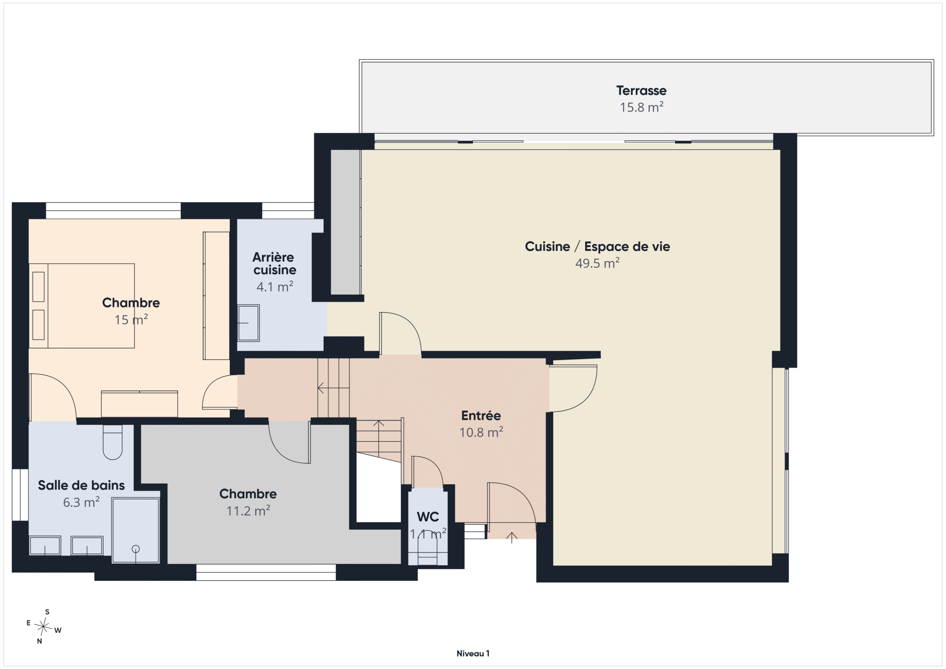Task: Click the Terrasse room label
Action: coord(641,90)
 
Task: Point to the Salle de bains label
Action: coord(81,485)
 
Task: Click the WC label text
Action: coord(428,516)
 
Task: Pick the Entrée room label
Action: coord(481,415)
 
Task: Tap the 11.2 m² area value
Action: coord(248,511)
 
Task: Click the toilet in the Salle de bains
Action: coord(112,442)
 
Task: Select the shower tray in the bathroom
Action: coord(136,530)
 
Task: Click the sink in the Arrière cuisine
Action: coord(248,323)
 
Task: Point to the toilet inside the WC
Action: coord(427,550)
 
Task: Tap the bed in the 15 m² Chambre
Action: coord(82,306)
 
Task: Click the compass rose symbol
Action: coord(43,627)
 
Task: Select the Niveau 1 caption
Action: coord(473,653)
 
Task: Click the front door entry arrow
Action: coord(511,537)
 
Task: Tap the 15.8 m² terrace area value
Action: coord(642,107)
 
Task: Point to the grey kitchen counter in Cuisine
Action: coord(346,222)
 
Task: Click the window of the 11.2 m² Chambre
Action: coord(266,572)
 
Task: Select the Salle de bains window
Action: coord(20,495)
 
